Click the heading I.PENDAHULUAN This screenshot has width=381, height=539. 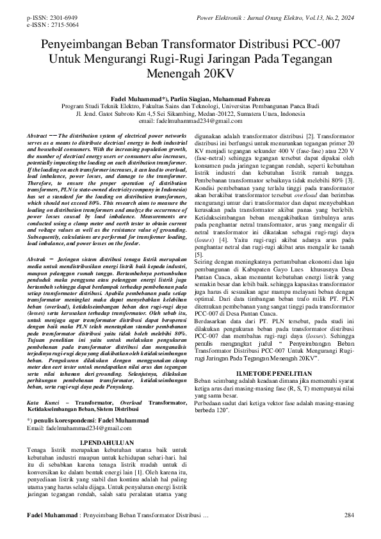(x=106, y=442)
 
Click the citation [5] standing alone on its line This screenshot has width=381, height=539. (x=199, y=255)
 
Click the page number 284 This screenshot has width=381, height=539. (x=349, y=515)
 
